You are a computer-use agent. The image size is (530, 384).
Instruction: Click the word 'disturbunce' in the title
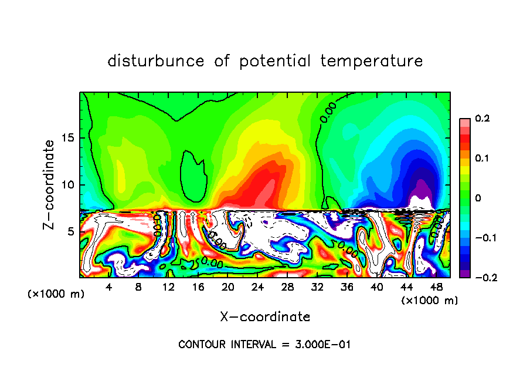click(x=156, y=60)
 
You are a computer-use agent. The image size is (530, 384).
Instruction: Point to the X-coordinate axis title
click(x=265, y=317)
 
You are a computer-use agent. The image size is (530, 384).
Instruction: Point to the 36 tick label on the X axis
click(x=347, y=287)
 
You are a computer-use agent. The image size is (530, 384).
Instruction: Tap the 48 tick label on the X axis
click(x=436, y=287)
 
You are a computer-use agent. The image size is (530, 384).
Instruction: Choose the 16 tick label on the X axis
click(x=198, y=287)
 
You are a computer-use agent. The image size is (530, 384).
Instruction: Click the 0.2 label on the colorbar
click(x=481, y=119)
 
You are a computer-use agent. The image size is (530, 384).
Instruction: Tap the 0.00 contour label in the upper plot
click(x=328, y=112)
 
